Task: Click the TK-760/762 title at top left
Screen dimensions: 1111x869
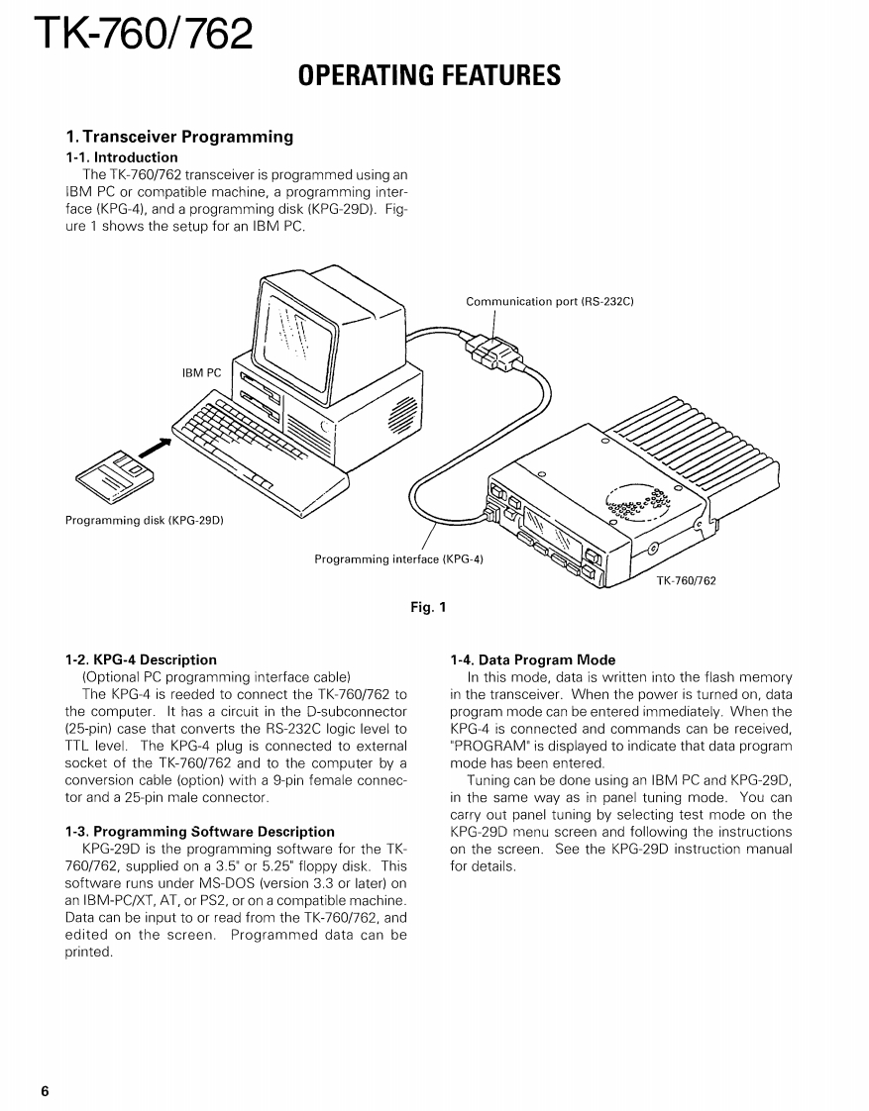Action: pos(143,36)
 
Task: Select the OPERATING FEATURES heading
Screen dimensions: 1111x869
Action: pos(429,75)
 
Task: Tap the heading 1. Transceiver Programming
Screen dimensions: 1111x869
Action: pos(179,137)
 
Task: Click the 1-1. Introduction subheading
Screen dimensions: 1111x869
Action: pos(122,157)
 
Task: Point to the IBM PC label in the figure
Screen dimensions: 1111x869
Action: pos(202,373)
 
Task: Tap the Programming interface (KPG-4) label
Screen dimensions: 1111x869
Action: pos(398,559)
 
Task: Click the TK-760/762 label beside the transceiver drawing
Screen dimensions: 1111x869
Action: pos(686,581)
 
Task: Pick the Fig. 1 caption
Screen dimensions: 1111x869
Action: pos(428,608)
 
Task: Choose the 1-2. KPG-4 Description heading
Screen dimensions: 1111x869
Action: pos(141,659)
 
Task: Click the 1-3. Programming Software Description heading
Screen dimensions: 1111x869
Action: pos(199,832)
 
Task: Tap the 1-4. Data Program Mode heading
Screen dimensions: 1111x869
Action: pos(532,659)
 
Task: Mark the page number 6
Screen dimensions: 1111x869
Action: pos(46,1091)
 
